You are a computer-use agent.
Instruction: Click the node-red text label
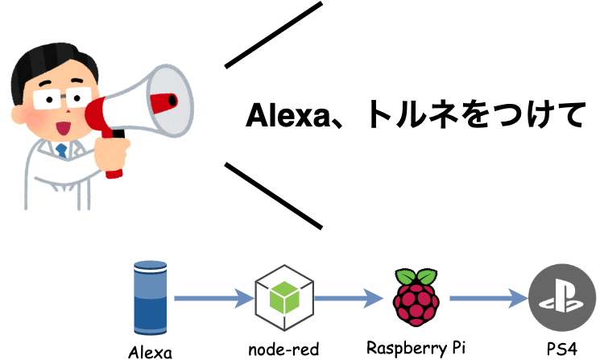pyautogui.click(x=283, y=350)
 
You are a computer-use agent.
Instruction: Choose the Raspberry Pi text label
pyautogui.click(x=416, y=349)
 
